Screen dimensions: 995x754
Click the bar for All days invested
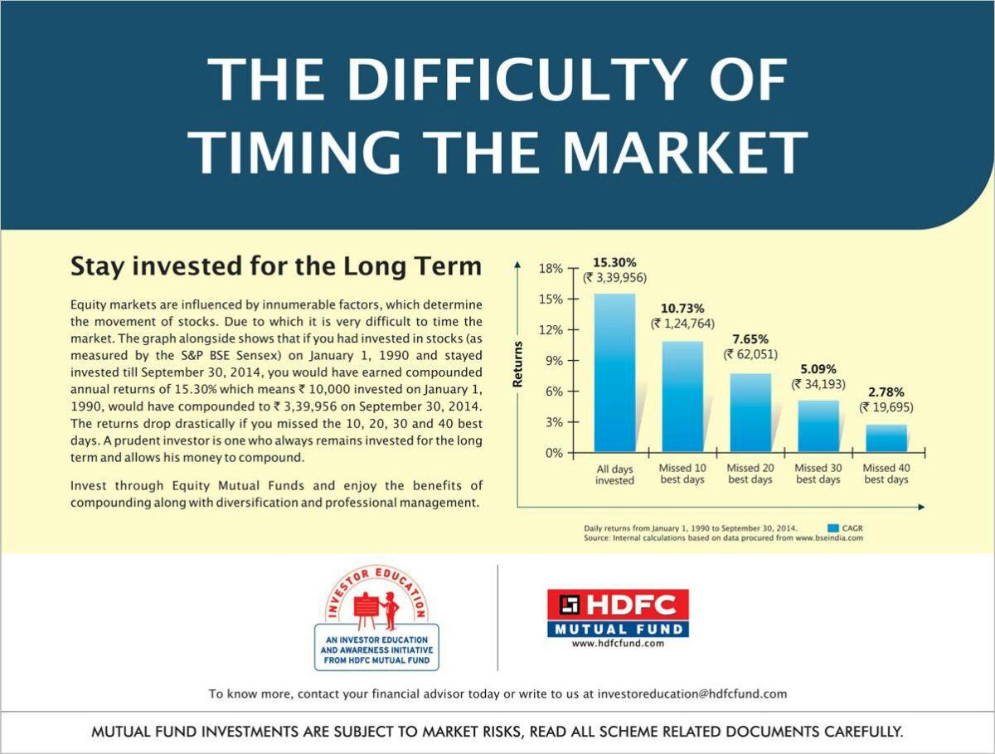click(614, 372)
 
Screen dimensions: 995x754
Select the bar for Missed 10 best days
click(682, 396)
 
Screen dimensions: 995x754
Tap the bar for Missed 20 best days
click(750, 412)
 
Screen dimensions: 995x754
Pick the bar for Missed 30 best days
click(818, 426)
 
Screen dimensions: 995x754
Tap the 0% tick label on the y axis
click(553, 453)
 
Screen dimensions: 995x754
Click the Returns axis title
click(517, 364)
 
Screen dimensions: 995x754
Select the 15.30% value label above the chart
click(614, 262)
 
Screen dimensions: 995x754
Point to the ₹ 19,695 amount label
click(886, 407)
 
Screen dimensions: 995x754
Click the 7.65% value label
click(750, 339)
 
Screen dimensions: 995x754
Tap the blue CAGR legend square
click(833, 528)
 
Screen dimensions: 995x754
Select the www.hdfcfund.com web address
click(618, 644)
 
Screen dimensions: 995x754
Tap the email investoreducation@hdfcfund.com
click(692, 694)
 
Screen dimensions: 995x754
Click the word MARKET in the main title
click(685, 152)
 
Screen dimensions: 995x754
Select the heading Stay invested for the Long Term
click(276, 266)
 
